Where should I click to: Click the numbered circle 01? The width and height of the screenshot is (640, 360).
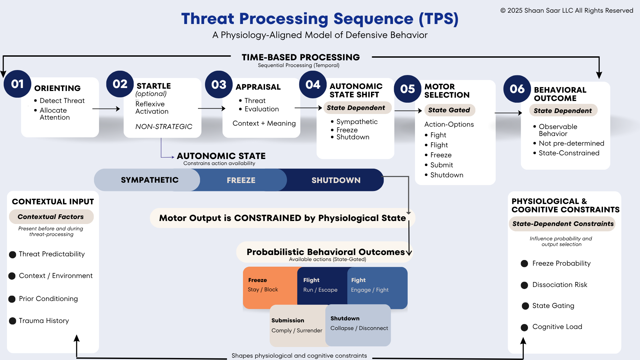(x=17, y=84)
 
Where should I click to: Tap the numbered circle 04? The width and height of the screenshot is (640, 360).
(x=313, y=84)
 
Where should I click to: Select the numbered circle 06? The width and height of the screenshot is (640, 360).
(x=517, y=89)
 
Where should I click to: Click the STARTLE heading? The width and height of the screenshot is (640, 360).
(x=154, y=86)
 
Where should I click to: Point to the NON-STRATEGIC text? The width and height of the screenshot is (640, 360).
(x=164, y=127)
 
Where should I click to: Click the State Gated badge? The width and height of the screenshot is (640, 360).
(x=449, y=110)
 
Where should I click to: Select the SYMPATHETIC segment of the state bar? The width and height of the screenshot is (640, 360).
(x=149, y=180)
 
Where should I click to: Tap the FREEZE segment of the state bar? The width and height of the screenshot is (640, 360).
(x=241, y=180)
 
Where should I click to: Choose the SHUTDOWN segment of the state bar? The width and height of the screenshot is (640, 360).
(x=336, y=180)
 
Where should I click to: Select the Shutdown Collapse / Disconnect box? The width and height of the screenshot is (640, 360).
(x=359, y=324)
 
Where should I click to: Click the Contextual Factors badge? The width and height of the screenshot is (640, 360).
(x=51, y=217)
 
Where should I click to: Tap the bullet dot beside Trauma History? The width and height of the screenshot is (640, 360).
(x=13, y=321)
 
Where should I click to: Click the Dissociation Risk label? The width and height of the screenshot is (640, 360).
(x=560, y=285)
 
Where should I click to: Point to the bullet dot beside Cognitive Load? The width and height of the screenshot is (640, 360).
(x=524, y=327)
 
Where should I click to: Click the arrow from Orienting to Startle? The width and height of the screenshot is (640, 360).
(x=106, y=109)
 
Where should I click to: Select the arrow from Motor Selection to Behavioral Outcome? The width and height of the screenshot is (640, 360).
(x=508, y=113)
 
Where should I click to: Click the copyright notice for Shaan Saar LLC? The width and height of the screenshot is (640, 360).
(x=566, y=10)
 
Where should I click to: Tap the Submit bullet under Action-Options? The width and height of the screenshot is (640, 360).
(x=441, y=165)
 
